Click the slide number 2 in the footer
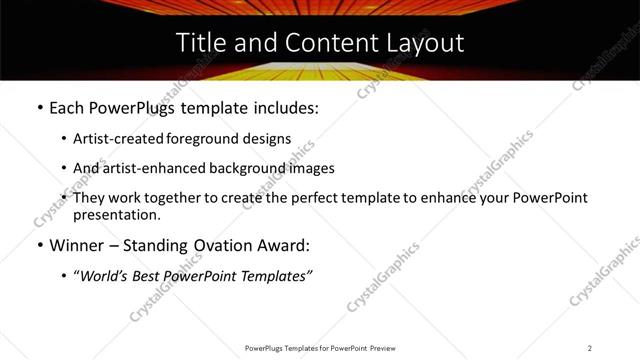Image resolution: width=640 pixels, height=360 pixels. (590, 348)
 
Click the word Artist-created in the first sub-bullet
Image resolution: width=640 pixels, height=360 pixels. (110, 138)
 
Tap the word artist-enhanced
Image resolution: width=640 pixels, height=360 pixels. (147, 168)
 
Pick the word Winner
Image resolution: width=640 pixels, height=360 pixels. (76, 245)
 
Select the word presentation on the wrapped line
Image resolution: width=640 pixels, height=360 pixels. (116, 214)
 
